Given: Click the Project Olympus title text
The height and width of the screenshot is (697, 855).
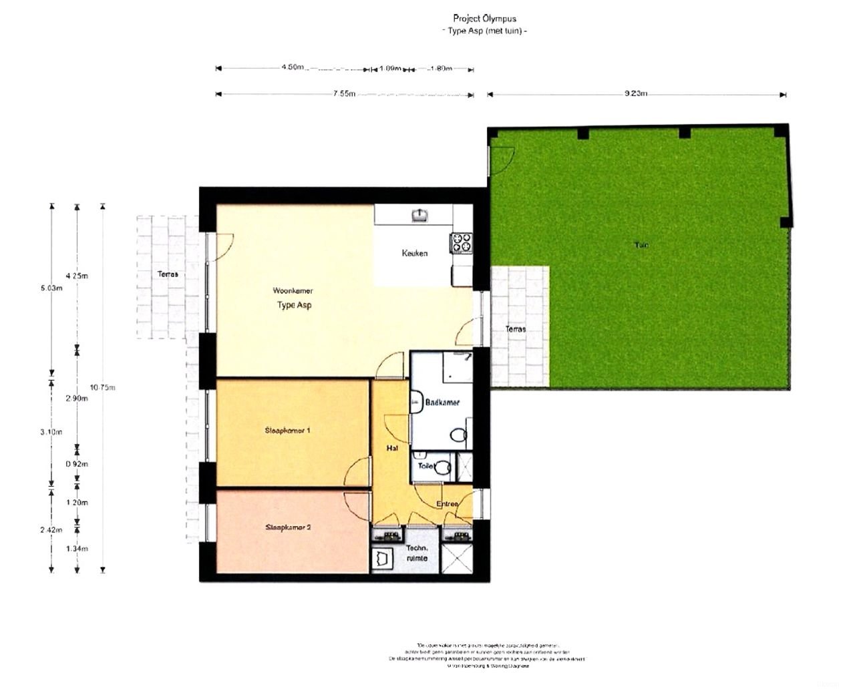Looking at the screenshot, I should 484,19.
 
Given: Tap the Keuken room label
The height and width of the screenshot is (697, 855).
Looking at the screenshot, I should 415,253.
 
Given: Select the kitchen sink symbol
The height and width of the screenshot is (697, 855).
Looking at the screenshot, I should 419,214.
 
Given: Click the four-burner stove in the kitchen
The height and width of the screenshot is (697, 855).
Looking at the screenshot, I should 462,242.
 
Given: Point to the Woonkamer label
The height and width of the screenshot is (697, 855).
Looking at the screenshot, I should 293,290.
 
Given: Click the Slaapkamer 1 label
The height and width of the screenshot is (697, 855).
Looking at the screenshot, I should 287,431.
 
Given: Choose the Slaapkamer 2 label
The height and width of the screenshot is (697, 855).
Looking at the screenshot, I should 288,527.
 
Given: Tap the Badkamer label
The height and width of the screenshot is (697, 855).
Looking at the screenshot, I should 442,403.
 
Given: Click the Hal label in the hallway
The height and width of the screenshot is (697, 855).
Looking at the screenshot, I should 392,448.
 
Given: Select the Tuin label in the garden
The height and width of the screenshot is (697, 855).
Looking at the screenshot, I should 641,245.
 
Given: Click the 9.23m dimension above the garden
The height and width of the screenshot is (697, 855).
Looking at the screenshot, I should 636,93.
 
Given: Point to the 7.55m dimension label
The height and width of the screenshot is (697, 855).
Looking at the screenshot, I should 344,93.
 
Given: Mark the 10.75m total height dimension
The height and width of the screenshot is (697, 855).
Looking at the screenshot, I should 103,387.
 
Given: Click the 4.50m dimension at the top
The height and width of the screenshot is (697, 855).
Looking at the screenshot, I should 293,67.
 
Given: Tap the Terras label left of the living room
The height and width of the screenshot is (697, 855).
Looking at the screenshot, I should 168,274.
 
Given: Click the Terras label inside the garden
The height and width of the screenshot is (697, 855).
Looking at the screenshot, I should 515,329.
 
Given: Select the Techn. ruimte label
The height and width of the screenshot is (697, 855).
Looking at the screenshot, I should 417,553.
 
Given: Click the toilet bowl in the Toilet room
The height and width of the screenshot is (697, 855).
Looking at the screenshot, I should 442,467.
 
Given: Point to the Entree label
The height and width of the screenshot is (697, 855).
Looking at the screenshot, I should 448,504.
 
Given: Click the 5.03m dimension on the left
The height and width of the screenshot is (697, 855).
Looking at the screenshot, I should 51,288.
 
